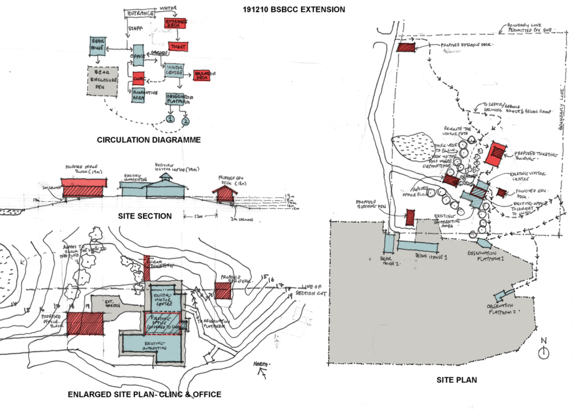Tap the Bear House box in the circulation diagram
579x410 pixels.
click(97, 45)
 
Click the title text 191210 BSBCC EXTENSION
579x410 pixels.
click(294, 9)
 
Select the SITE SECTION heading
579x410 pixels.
click(144, 216)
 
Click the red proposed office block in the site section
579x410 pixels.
click(84, 187)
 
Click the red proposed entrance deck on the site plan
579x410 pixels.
click(406, 47)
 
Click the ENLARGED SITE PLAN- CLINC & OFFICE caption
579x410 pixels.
click(144, 394)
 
